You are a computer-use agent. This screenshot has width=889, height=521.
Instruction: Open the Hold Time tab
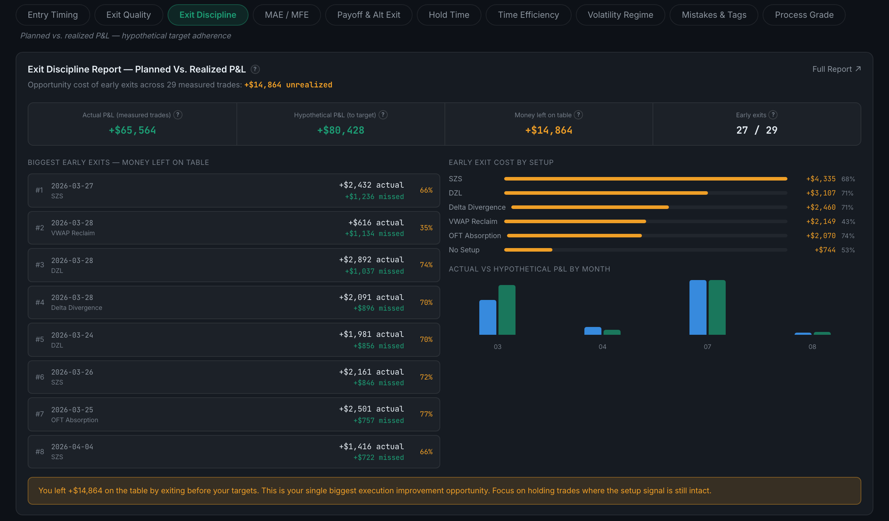(449, 15)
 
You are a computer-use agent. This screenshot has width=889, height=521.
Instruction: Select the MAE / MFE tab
(287, 15)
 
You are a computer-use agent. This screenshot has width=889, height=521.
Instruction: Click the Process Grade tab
(804, 15)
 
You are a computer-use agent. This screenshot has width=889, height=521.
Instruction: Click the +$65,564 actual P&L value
(132, 130)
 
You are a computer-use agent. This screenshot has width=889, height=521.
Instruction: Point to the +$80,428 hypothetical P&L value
(340, 130)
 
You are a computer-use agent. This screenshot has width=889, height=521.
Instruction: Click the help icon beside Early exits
(773, 115)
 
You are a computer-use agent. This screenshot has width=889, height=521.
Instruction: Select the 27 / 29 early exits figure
(757, 130)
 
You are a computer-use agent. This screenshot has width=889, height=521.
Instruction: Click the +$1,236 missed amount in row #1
(375, 197)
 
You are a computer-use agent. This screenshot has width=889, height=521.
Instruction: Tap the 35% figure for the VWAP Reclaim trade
(426, 228)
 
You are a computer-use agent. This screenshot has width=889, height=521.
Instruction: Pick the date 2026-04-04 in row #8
(72, 447)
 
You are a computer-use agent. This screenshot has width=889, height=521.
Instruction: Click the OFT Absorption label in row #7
(75, 420)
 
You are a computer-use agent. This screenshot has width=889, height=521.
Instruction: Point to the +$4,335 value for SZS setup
(821, 179)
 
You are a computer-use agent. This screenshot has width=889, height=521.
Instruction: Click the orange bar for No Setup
(528, 250)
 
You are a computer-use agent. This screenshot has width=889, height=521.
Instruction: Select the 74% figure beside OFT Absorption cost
(848, 236)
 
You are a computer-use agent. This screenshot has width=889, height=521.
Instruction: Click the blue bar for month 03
(488, 317)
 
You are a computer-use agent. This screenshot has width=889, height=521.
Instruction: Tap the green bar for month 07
(717, 307)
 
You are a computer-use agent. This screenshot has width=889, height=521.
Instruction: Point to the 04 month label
(602, 347)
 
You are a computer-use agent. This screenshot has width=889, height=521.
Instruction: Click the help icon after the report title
(255, 69)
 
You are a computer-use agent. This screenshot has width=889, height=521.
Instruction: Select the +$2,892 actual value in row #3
(371, 260)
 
